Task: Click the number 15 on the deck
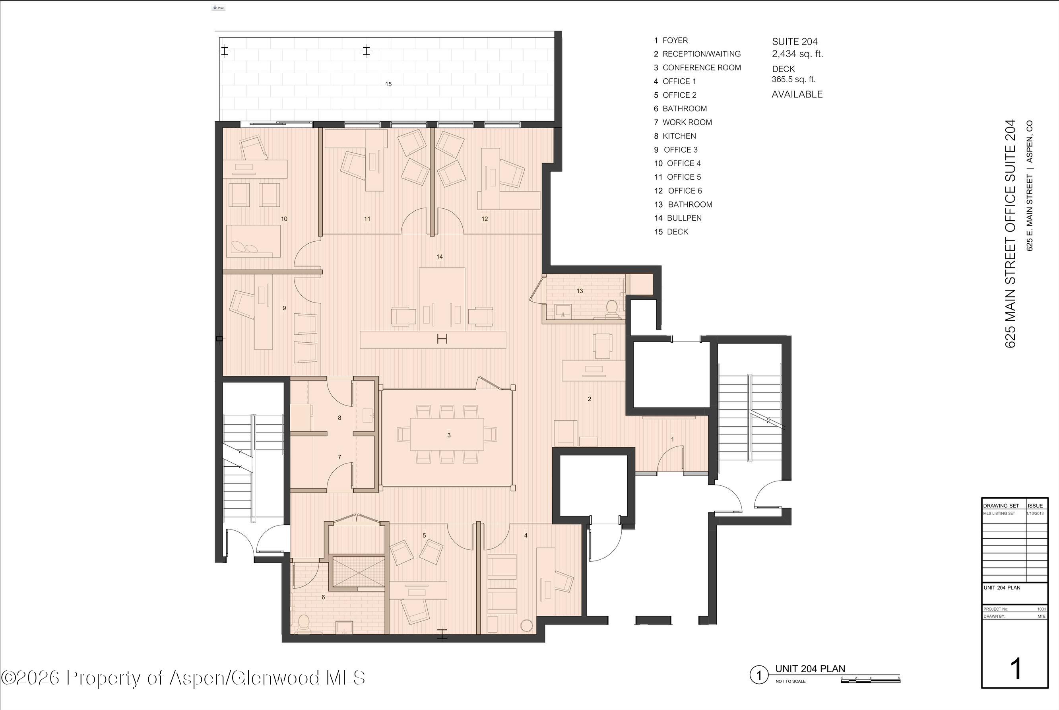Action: coord(388,84)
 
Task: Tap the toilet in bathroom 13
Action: coord(612,307)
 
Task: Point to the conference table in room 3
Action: coord(447,434)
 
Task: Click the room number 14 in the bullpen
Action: coord(439,257)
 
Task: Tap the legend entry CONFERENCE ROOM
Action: coord(701,68)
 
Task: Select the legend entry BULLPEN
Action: coord(684,218)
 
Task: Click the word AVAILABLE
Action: coord(797,94)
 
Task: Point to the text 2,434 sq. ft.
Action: coord(797,54)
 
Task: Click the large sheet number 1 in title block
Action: coord(1016,669)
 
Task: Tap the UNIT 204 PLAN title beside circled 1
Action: coord(810,669)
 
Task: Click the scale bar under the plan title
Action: coord(870,681)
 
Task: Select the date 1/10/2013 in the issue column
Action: coord(1036,514)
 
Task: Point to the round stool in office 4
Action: coord(527,625)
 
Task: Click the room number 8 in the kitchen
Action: coord(339,418)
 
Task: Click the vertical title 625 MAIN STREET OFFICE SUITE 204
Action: coord(1010,234)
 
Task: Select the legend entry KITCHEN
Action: coord(679,136)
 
